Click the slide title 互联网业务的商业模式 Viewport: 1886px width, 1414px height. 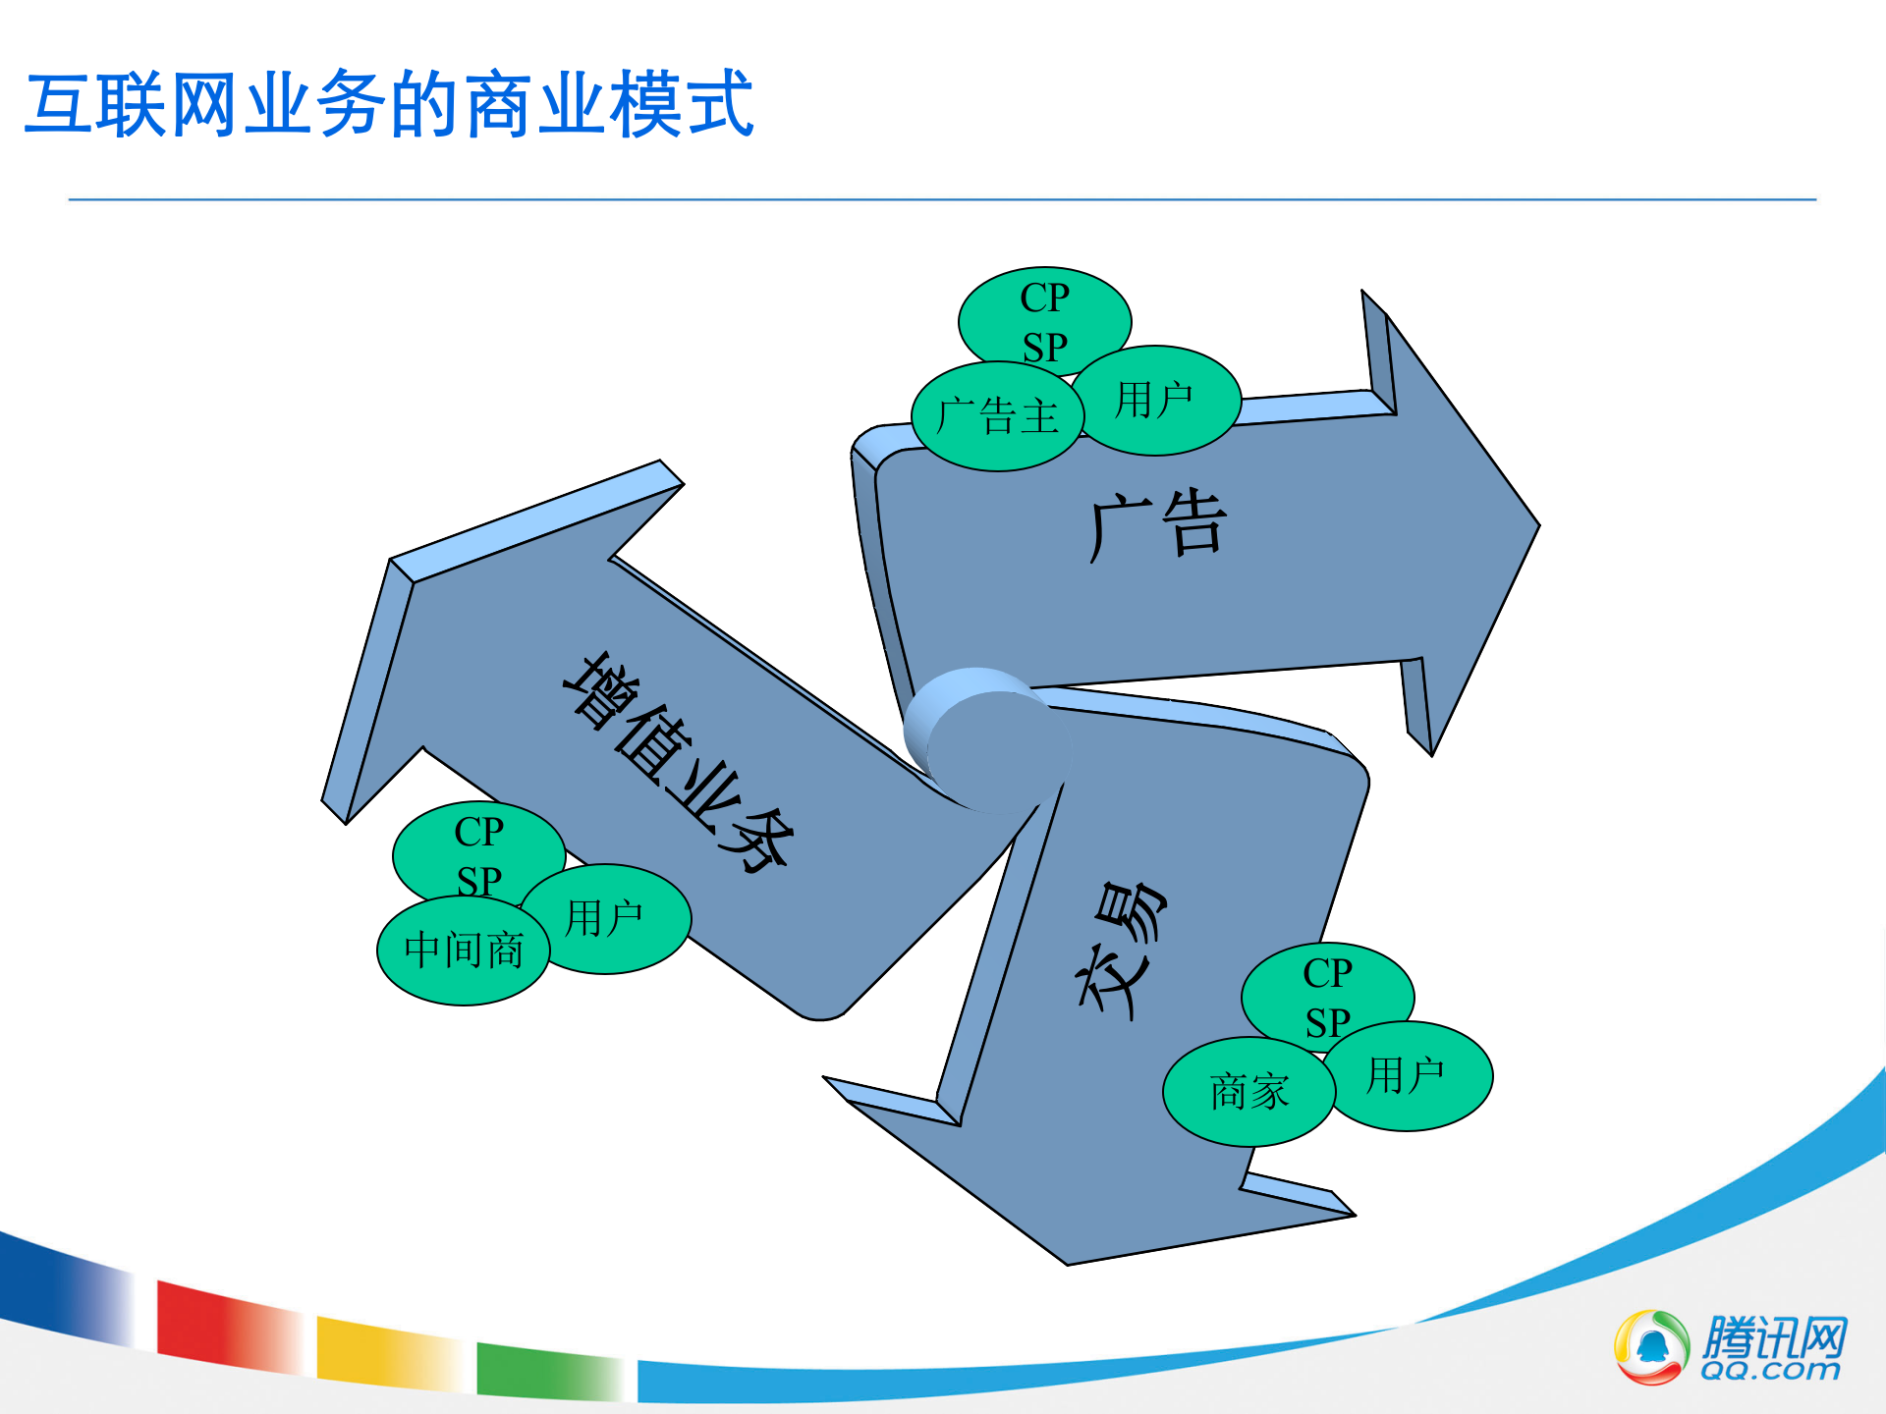click(x=389, y=104)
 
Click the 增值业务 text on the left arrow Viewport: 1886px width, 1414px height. click(x=678, y=762)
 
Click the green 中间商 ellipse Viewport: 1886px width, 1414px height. click(x=463, y=952)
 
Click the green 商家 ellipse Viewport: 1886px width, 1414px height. click(x=1248, y=1092)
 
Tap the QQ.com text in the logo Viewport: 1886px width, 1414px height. click(x=1770, y=1371)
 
